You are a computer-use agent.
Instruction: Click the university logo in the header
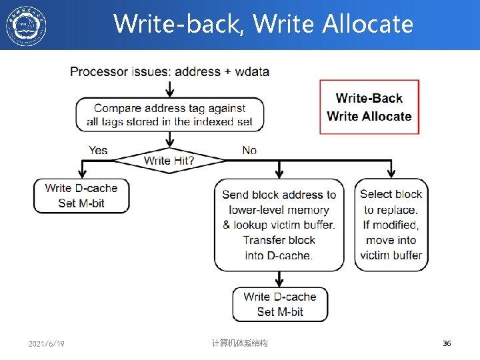point(27,25)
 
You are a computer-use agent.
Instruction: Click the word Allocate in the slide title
point(368,24)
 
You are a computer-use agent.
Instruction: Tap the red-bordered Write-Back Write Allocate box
point(369,107)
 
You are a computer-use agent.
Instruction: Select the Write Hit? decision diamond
point(169,160)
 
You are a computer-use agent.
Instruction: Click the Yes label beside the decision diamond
point(98,151)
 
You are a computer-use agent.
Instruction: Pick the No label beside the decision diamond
point(249,151)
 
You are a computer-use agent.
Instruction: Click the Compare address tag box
point(169,115)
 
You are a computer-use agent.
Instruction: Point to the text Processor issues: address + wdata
point(169,71)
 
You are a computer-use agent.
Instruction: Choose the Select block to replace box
point(391,225)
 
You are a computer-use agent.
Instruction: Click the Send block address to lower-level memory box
point(279,225)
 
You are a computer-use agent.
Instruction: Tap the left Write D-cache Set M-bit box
point(81,195)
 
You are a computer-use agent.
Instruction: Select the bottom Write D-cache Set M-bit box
point(279,304)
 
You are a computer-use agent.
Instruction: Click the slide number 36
point(447,343)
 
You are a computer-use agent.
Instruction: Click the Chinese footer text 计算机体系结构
point(239,343)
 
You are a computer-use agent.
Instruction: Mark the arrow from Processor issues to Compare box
point(169,88)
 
